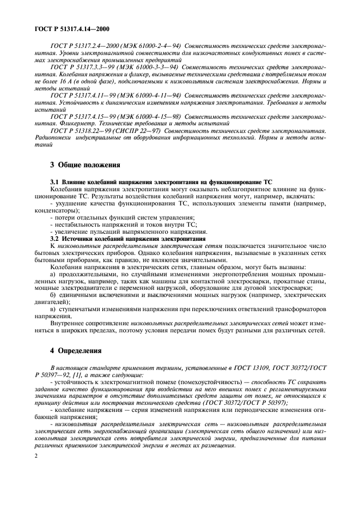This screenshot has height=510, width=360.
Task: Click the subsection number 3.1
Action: pos(54,181)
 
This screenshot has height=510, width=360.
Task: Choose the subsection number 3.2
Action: pos(54,238)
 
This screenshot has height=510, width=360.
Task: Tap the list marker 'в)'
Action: pos(53,309)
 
